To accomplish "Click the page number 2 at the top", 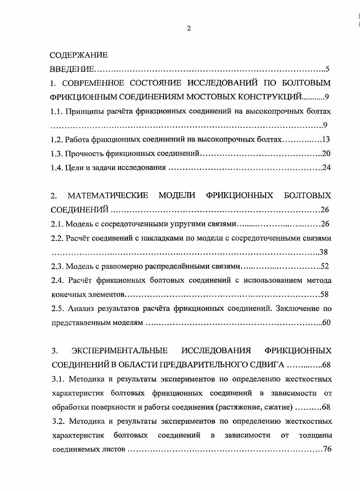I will tap(189, 28).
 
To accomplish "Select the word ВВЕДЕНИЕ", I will tap(72, 69).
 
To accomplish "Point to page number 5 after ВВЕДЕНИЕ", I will tap(328, 69).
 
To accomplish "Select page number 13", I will tap(327, 139).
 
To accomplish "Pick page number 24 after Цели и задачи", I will tap(327, 168).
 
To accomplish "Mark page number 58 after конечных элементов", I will tap(324, 295).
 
